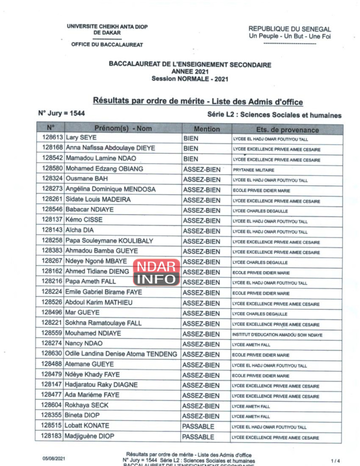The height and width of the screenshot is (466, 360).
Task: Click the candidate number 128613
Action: [52, 138]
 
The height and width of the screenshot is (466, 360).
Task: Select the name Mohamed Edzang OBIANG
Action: [104, 168]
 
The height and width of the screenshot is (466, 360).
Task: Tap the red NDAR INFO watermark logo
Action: [156, 272]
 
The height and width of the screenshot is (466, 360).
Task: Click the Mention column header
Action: [207, 129]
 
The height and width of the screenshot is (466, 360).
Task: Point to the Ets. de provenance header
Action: [287, 129]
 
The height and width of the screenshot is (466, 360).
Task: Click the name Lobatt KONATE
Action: [87, 426]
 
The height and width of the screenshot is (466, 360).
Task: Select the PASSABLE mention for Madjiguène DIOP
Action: [198, 437]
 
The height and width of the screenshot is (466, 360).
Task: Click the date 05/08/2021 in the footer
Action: [54, 458]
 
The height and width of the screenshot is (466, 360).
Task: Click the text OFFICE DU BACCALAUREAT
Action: [107, 45]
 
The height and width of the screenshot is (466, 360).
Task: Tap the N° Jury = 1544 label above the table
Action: [61, 113]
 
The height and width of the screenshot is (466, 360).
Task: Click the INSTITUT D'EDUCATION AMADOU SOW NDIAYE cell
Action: [277, 335]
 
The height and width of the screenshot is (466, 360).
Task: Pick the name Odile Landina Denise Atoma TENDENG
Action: [121, 354]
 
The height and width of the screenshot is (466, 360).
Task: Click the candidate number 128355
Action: [52, 415]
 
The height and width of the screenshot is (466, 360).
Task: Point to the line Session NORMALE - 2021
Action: [190, 79]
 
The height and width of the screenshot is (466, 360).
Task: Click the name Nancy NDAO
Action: [84, 343]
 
